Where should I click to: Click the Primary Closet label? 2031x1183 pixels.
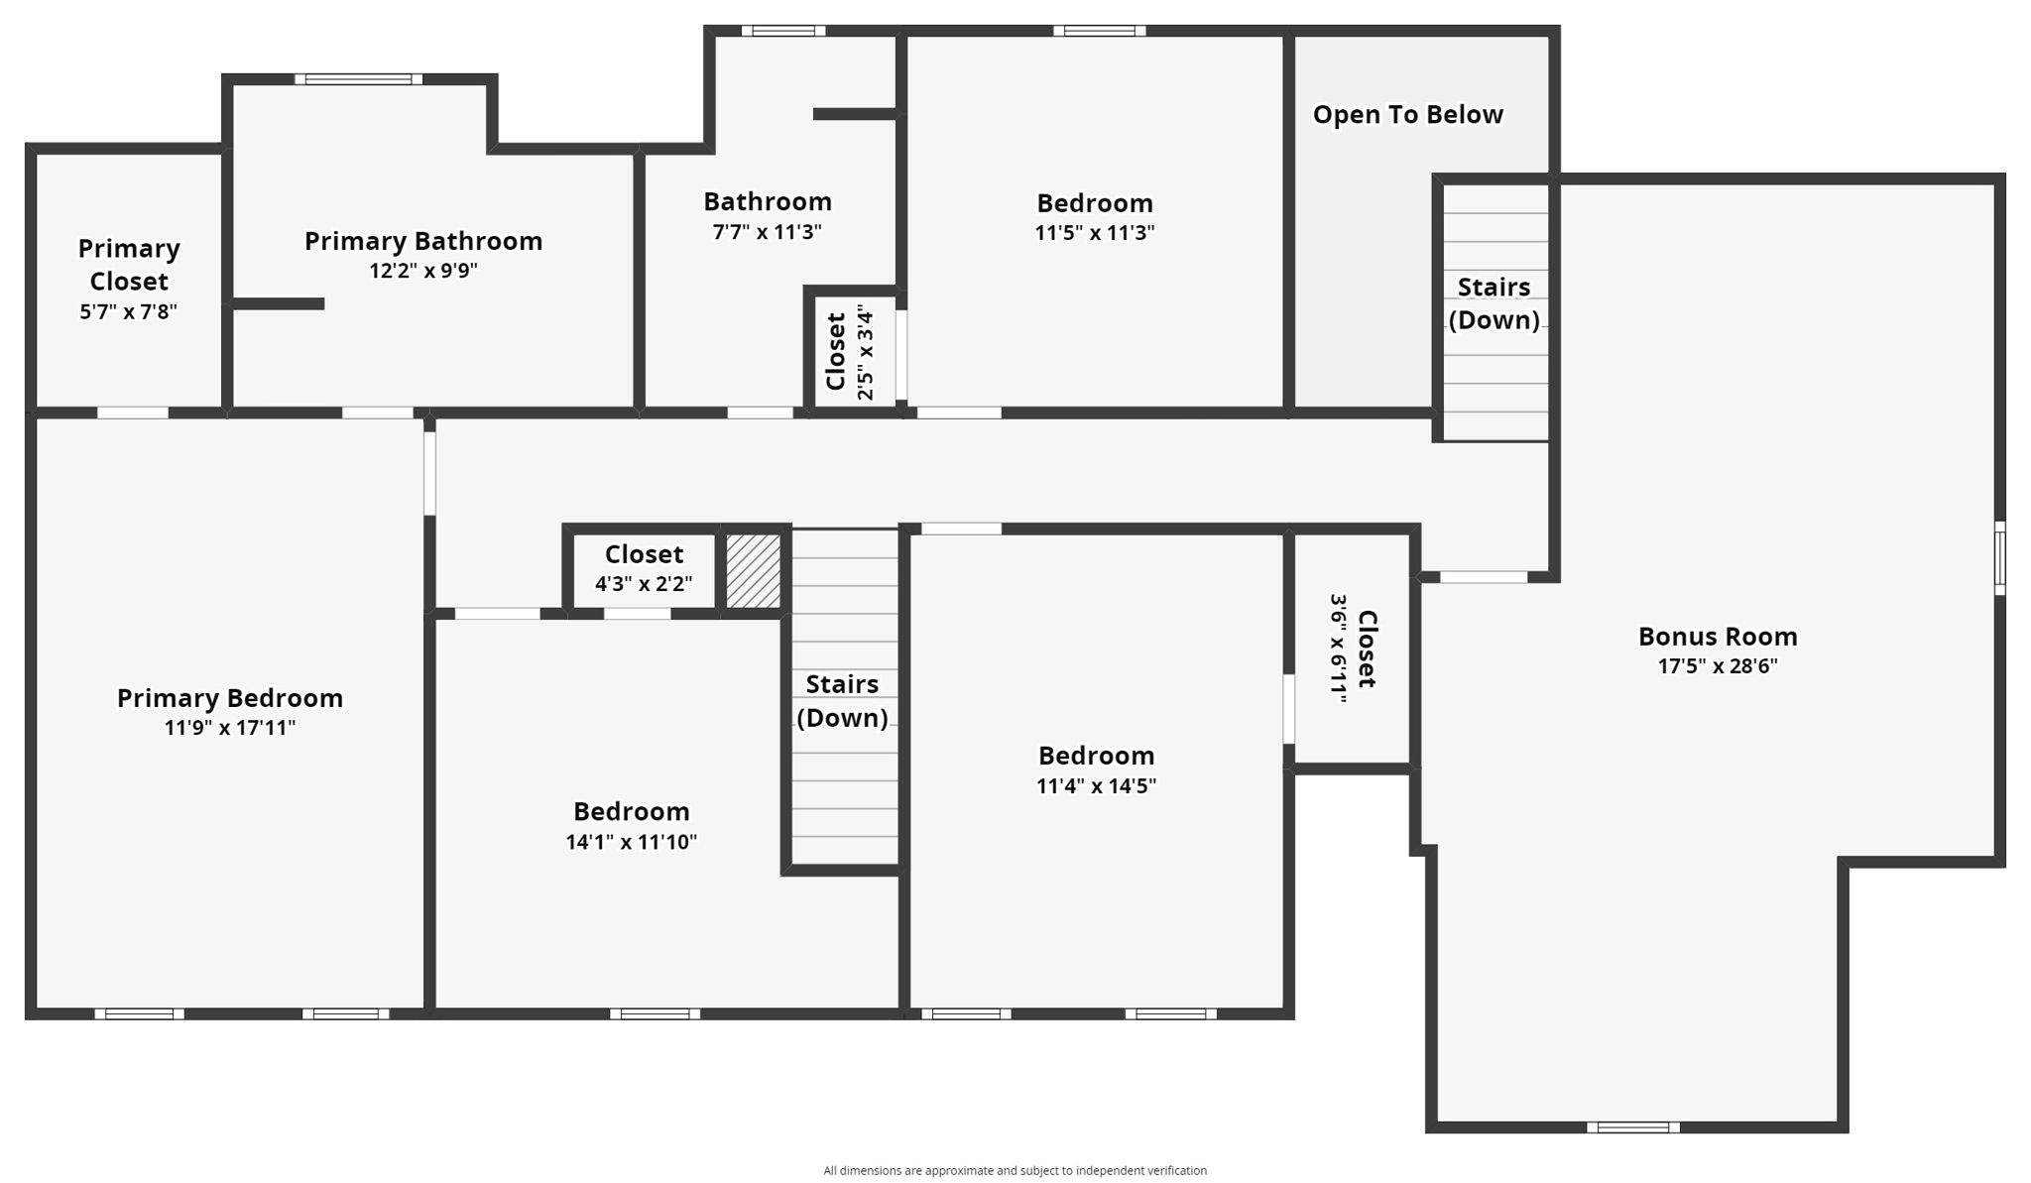129,265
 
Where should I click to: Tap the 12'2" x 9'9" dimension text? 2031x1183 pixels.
423,271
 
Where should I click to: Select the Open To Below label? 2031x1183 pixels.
1407,115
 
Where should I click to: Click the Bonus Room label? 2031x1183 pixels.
1717,637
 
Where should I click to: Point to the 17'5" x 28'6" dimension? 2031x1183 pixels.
1717,666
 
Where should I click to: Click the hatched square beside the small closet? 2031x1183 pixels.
754,571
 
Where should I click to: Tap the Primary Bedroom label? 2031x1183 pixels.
230,698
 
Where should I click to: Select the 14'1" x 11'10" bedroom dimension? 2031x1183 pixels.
631,842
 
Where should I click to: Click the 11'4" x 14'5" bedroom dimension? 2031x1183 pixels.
1096,786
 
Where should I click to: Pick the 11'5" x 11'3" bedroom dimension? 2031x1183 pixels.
1095,233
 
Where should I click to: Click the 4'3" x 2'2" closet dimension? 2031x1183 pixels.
644,584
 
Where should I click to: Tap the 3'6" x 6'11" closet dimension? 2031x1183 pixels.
1339,649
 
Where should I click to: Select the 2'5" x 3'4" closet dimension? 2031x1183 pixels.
866,354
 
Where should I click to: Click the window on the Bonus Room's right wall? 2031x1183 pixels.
1999,557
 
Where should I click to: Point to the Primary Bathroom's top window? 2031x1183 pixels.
358,79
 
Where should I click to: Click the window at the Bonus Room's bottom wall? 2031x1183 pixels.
1632,1126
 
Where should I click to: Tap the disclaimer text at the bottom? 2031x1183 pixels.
1015,1171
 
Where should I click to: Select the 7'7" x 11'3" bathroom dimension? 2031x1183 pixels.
767,233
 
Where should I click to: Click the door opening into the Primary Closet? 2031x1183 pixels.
132,413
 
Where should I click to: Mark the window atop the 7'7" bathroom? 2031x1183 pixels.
782,31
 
